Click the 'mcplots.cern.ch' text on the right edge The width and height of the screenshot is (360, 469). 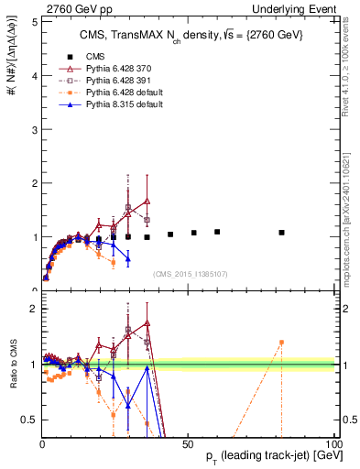click(352, 220)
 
